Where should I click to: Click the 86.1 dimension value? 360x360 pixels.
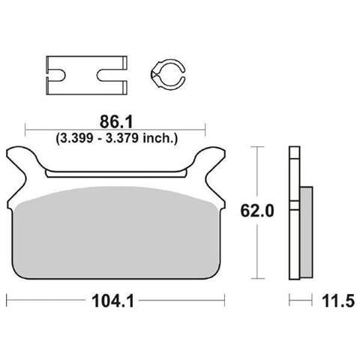(115, 122)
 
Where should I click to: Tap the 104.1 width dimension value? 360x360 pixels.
(113, 301)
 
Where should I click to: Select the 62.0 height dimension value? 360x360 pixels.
(257, 211)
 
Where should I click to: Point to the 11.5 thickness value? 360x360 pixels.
(338, 301)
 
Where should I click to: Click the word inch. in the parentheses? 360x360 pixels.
(160, 138)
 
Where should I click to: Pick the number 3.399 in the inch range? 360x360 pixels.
(76, 138)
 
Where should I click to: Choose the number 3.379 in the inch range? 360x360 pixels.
(121, 138)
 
